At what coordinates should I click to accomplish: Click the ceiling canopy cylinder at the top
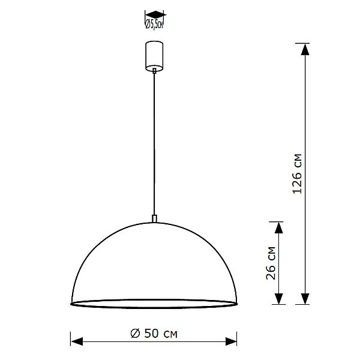[x=155, y=55]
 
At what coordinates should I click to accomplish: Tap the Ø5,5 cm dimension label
[x=155, y=24]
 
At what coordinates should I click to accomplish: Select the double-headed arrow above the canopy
[x=155, y=14]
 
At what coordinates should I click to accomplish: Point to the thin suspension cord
[x=155, y=144]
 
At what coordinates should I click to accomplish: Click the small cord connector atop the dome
[x=155, y=218]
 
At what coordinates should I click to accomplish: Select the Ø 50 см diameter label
[x=154, y=332]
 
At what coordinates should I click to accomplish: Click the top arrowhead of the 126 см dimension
[x=305, y=49]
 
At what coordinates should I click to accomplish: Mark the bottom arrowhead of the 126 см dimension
[x=305, y=299]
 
